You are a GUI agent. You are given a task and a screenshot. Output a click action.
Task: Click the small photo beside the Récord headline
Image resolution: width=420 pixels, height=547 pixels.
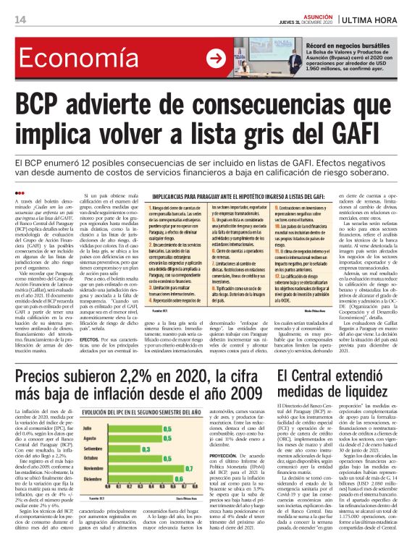[268, 56]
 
